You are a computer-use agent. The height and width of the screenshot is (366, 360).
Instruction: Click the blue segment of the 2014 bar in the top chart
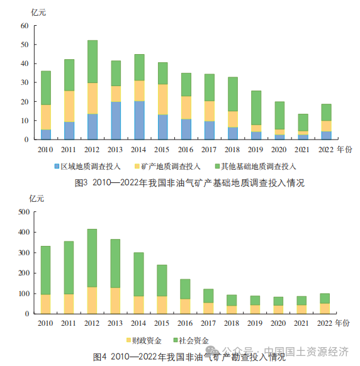pos(139,120)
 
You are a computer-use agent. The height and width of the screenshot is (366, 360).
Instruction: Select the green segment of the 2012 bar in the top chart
pos(93,62)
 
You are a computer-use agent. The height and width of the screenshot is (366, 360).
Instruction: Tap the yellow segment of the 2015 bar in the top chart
pos(163,99)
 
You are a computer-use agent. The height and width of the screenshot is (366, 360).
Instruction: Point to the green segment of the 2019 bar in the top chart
pos(256,108)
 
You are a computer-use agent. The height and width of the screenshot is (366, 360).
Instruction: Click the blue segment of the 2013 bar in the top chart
pos(116,121)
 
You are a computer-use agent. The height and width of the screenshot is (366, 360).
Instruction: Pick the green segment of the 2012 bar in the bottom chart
pos(92,258)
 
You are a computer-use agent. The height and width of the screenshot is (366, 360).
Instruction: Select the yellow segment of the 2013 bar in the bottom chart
pos(115,301)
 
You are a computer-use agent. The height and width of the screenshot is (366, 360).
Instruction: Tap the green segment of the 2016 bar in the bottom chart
pos(185,289)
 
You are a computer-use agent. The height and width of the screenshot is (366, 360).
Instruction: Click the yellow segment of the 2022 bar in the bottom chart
pos(325,309)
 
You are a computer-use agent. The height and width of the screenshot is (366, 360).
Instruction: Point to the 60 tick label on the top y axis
pos(25,26)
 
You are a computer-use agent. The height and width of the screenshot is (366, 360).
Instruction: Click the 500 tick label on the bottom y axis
pos(24,212)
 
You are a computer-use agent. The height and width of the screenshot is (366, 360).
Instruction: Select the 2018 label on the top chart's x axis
pos(232,150)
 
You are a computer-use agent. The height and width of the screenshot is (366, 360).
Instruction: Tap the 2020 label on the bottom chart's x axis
pos(278,323)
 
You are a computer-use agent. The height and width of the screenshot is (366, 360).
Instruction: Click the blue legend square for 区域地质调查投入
pos(57,166)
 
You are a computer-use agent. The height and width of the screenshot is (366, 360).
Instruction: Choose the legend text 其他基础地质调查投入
pos(259,167)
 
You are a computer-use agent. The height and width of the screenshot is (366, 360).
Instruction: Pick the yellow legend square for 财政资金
pos(128,340)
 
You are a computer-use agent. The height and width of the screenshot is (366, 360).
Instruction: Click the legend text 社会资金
pos(194,341)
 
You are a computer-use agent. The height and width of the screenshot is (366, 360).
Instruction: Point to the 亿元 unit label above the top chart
pos(38,13)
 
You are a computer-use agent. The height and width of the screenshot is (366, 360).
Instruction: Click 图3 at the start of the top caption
pos(81,183)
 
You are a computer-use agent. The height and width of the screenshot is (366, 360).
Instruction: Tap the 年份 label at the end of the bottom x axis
pos(342,323)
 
